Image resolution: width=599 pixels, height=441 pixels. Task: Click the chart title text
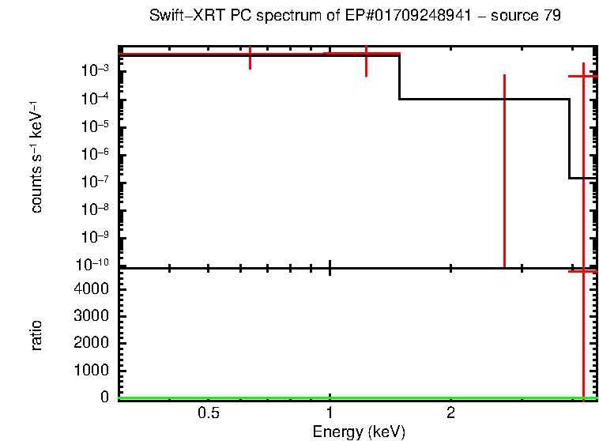coord(355,16)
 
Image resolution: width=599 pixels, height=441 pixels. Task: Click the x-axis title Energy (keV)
coord(359,432)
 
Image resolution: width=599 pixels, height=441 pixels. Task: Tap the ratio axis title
coord(36,335)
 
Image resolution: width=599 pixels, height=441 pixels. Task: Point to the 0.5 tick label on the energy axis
coord(208,413)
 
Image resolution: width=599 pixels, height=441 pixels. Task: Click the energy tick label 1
coord(330,413)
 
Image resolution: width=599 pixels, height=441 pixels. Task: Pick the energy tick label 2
coord(450,413)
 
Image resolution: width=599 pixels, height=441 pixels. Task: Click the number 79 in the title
coord(552,16)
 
